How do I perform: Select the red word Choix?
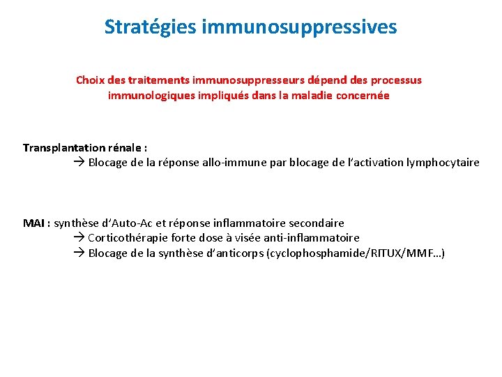tap(91, 80)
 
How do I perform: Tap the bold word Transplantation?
tap(65, 148)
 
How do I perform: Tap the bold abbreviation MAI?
tap(34, 223)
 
